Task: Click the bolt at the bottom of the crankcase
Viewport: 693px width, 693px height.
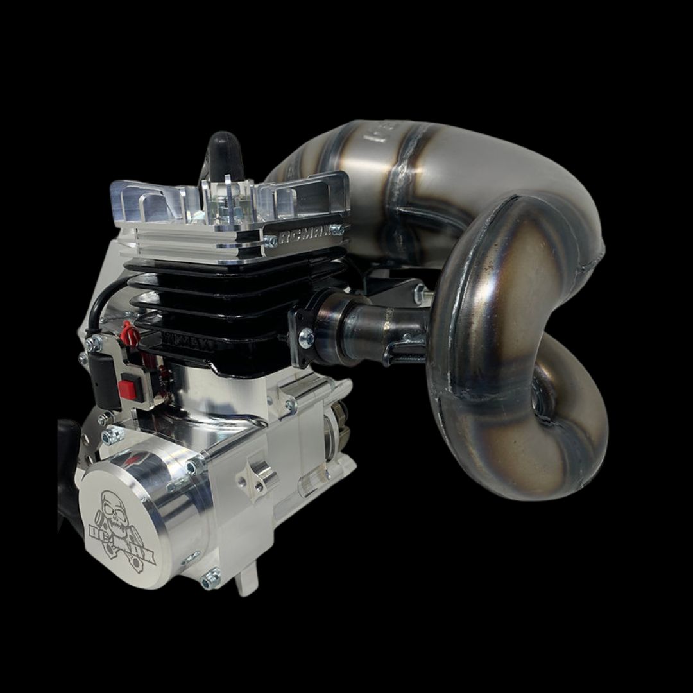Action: pos(209,581)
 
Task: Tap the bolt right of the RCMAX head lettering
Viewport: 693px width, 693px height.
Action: pos(337,229)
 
